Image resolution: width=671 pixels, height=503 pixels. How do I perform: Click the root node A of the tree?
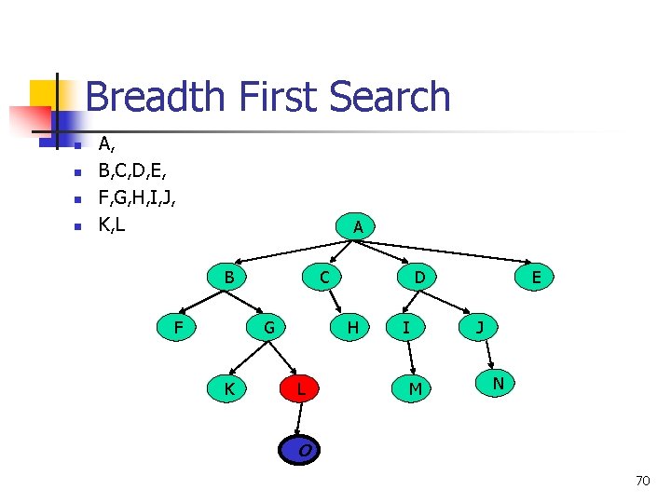coord(358,226)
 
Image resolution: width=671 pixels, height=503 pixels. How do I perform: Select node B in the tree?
coord(228,277)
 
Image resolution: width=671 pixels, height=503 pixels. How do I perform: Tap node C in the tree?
coord(323,277)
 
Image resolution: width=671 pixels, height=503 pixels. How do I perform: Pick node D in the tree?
coord(420,277)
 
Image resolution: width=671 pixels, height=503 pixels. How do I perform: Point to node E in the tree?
coord(536,277)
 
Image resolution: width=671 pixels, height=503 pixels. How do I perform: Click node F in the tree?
coord(178,327)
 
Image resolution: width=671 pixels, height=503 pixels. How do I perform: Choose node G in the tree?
coord(268,327)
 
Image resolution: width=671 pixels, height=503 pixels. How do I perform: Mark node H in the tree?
coord(352,327)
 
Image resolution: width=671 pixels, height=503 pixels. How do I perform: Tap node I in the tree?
coord(405,327)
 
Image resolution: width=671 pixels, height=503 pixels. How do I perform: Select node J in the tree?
coord(479,327)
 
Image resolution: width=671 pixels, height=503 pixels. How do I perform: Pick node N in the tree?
coord(499,383)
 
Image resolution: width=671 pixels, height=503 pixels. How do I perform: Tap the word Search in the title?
coord(390,97)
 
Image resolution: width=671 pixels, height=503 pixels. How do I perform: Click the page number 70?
coord(642,481)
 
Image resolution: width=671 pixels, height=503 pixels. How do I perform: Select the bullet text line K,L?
coord(112,224)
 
